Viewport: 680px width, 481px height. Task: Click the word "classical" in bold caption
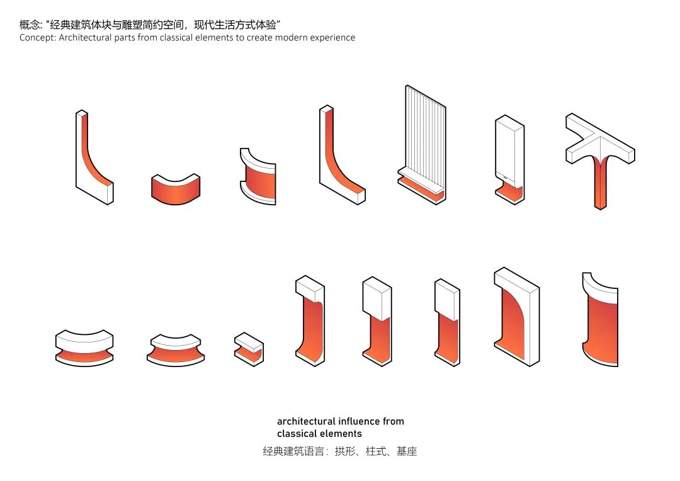click(297, 434)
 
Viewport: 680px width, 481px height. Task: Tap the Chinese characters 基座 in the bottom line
click(406, 451)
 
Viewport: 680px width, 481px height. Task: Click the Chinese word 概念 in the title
click(29, 25)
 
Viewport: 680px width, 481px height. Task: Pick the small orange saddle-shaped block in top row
click(176, 189)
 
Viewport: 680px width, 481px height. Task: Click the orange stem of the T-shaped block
click(600, 186)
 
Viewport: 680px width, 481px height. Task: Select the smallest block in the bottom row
click(249, 349)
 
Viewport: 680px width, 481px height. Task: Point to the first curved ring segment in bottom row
click(84, 348)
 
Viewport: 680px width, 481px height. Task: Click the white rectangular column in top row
click(509, 151)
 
